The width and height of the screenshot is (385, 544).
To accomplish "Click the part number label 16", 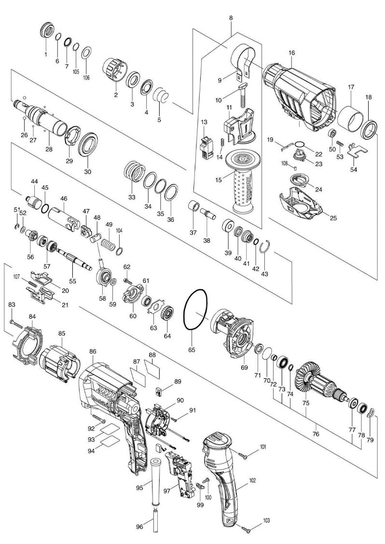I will point(291,53).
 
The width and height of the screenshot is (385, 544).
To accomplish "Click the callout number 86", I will point(93,352).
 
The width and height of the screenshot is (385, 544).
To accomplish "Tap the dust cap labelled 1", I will point(47,29).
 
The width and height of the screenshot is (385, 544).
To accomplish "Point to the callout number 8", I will point(231,18).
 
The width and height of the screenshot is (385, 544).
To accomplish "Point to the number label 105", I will point(76,72).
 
